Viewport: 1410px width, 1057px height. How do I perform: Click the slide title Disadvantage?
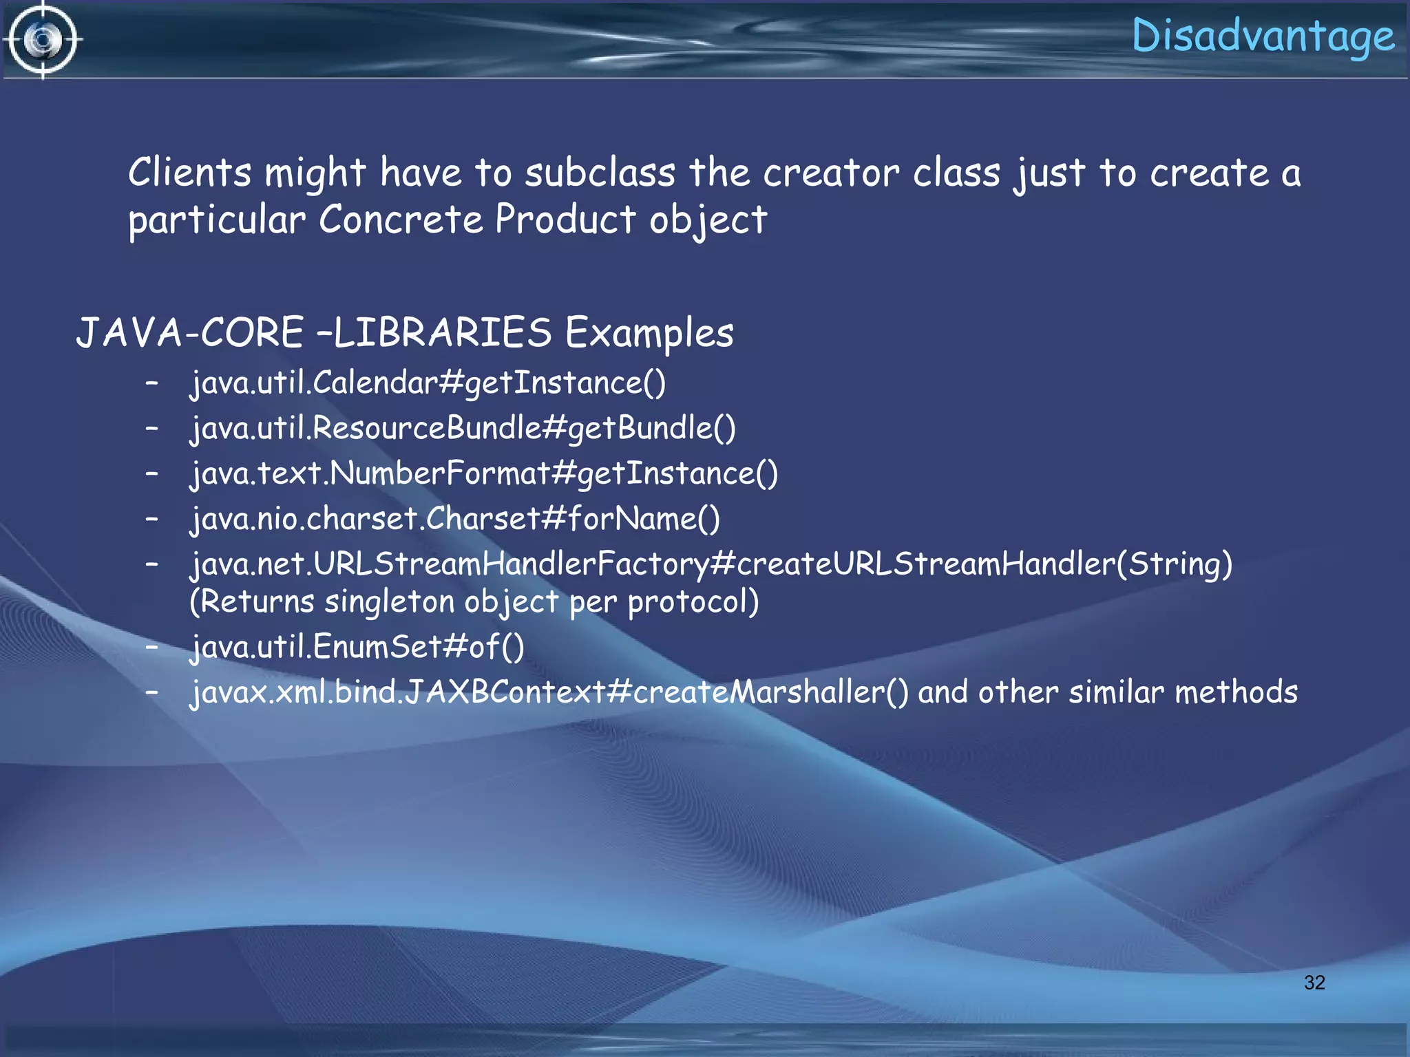coord(1263,36)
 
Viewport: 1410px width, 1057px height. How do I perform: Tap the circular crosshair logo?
coord(43,40)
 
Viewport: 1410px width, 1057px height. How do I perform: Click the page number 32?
coord(1314,982)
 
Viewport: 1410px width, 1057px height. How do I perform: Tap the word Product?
coord(565,220)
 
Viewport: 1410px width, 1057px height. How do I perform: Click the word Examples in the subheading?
coord(649,334)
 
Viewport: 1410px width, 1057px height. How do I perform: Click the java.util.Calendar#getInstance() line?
coord(428,383)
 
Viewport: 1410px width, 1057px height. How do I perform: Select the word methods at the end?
coord(1236,692)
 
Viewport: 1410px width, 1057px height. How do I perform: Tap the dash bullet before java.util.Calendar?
coord(152,383)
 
